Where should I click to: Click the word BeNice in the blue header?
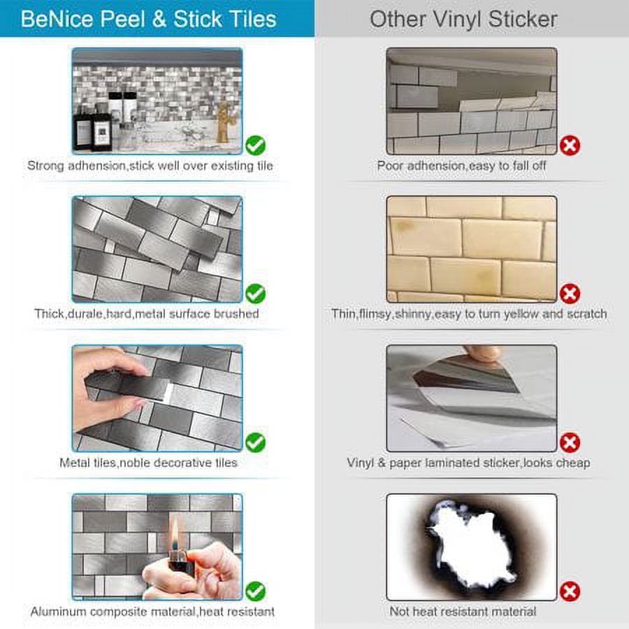point(57,19)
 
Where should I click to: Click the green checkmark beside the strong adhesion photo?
point(256,145)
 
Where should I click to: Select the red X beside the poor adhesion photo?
point(570,145)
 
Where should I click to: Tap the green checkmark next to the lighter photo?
point(256,591)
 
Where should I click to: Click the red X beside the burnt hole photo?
point(570,591)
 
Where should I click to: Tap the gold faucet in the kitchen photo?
point(223,122)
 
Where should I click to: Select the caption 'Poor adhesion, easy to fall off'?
point(461,166)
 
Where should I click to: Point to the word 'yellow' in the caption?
point(521,314)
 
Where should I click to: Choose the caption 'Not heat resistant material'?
point(463,612)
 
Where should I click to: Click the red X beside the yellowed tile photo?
point(570,294)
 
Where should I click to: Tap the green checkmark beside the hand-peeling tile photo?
point(256,442)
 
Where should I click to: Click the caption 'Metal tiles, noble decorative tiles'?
point(148,463)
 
